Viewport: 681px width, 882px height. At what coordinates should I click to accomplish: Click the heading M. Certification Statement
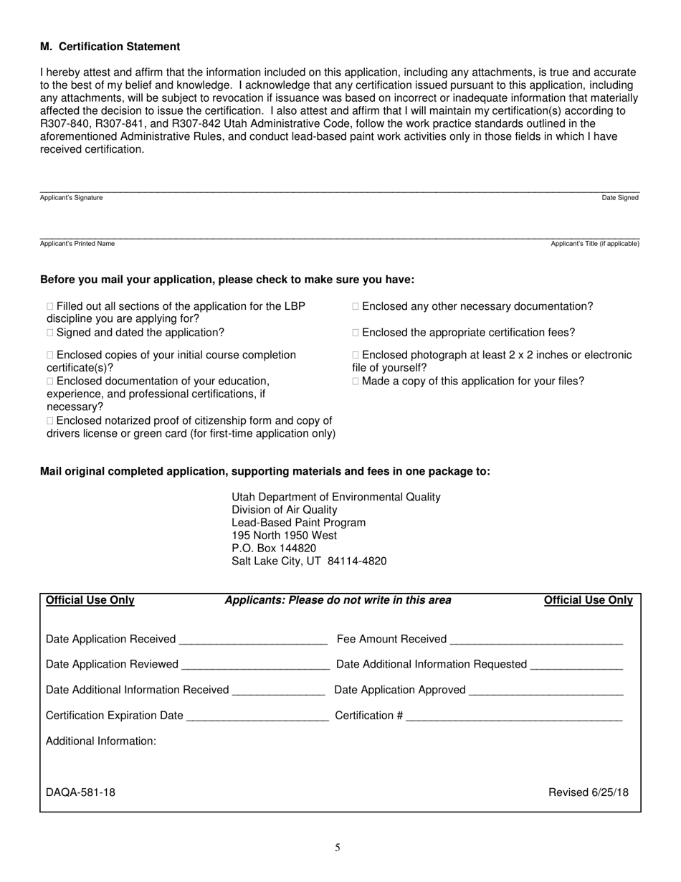point(110,47)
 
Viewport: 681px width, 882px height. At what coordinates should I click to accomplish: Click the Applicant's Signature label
point(71,198)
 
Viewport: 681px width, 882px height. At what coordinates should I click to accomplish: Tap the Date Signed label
point(619,198)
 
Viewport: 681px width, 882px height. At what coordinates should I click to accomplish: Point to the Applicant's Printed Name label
point(77,244)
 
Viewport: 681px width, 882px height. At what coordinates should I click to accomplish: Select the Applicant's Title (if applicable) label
point(594,244)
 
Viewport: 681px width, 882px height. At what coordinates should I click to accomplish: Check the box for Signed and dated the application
point(50,333)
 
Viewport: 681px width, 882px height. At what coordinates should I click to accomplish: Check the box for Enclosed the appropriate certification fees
point(356,333)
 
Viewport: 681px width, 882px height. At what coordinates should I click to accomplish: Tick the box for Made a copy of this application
point(356,381)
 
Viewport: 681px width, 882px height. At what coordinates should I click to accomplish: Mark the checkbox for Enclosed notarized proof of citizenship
point(50,421)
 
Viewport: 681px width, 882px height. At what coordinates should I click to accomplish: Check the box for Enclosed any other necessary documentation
point(356,307)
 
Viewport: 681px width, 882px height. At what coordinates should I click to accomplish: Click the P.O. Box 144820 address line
point(274,549)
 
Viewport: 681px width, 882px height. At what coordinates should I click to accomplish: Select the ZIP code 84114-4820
point(357,561)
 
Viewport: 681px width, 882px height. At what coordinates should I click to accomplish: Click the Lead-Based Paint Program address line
point(298,523)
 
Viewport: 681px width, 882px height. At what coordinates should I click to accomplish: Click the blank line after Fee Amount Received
point(536,640)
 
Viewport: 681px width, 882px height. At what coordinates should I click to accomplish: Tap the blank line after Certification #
point(514,716)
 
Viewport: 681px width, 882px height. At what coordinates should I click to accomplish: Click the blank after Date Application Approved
point(546,691)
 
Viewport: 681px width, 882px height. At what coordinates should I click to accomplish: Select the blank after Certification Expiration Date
point(257,716)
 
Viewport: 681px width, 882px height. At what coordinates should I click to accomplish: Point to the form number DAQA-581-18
point(80,792)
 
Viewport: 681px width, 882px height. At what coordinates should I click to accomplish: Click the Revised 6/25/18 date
point(588,792)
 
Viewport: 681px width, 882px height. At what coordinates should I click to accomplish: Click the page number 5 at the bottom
point(338,848)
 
